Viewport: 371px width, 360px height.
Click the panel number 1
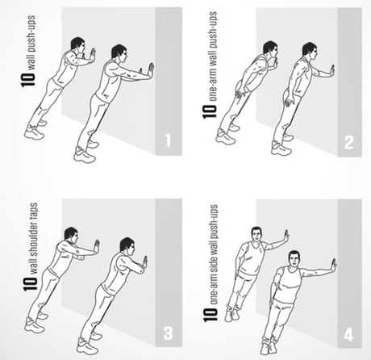(x=168, y=140)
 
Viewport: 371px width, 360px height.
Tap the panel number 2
(x=349, y=142)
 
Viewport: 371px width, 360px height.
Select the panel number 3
(x=168, y=333)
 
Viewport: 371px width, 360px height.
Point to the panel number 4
(x=348, y=335)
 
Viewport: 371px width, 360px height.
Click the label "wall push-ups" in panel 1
(x=31, y=43)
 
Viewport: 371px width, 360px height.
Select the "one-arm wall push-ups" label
(x=212, y=57)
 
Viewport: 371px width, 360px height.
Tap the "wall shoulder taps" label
(x=33, y=239)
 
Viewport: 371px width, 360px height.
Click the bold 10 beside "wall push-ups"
(x=28, y=78)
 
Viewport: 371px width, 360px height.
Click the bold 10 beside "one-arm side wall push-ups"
(x=210, y=314)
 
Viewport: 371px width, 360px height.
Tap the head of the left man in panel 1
(x=78, y=45)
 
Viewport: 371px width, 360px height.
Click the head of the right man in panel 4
(x=294, y=259)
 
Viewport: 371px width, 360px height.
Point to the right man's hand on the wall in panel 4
(x=333, y=266)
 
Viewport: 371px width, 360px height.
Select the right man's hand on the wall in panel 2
(x=331, y=71)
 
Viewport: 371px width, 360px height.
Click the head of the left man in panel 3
(x=72, y=235)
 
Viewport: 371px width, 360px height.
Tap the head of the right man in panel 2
(x=310, y=51)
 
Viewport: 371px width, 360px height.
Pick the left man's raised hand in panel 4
(x=286, y=236)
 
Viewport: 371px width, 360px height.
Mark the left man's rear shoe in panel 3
(x=34, y=326)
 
